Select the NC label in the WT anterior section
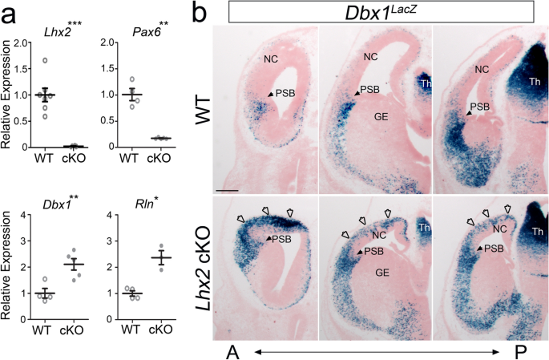[272, 59]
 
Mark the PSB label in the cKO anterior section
[282, 239]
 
